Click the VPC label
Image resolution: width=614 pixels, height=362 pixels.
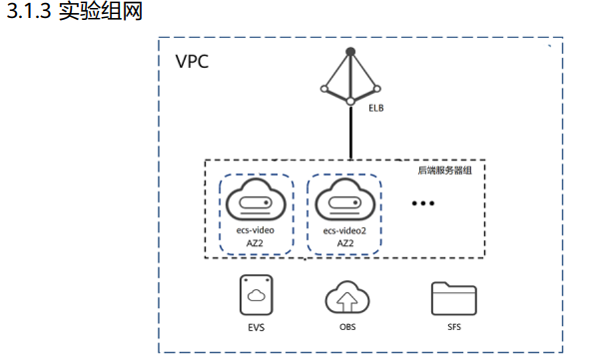pos(192,62)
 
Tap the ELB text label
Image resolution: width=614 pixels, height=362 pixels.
pos(376,108)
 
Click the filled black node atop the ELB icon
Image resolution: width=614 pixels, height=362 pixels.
pos(350,52)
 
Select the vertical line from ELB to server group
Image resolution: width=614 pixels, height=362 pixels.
pos(350,133)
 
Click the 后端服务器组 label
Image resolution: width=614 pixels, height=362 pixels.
pos(445,171)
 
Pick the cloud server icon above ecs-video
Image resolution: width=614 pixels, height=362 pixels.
pos(256,199)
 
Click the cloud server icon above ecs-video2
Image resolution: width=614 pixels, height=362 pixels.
pos(345,199)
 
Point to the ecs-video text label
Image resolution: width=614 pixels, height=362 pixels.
pos(256,230)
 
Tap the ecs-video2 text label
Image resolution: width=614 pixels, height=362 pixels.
pos(344,230)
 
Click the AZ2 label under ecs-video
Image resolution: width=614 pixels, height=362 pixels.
pos(255,243)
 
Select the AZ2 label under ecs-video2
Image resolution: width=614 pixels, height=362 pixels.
pos(345,243)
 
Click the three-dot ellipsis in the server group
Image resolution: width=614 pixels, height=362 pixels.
pos(423,203)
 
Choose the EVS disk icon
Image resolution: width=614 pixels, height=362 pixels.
pos(257,295)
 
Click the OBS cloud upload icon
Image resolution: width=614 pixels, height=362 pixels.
pos(347,297)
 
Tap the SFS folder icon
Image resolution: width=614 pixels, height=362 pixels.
pos(454,298)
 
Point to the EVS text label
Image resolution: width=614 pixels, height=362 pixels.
pos(257,327)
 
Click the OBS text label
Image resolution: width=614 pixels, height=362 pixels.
pos(347,327)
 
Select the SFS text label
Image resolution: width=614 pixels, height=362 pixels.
pos(454,327)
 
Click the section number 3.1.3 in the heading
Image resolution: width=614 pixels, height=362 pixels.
pos(29,11)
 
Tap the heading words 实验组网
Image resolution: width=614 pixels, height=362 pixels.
pos(100,11)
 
